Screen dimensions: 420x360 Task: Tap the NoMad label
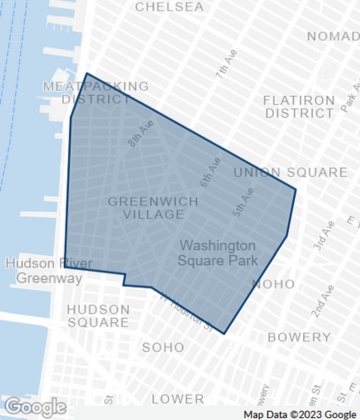tap(333, 36)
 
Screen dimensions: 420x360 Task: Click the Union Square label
tap(277, 172)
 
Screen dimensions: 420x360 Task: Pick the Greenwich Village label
tap(152, 207)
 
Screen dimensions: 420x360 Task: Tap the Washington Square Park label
tap(217, 253)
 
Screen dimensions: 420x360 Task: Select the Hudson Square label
tap(98, 316)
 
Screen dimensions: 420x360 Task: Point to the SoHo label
tap(163, 347)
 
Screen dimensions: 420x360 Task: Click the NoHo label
tap(274, 284)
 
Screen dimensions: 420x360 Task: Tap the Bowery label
tap(299, 338)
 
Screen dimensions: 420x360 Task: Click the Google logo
tap(34, 407)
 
